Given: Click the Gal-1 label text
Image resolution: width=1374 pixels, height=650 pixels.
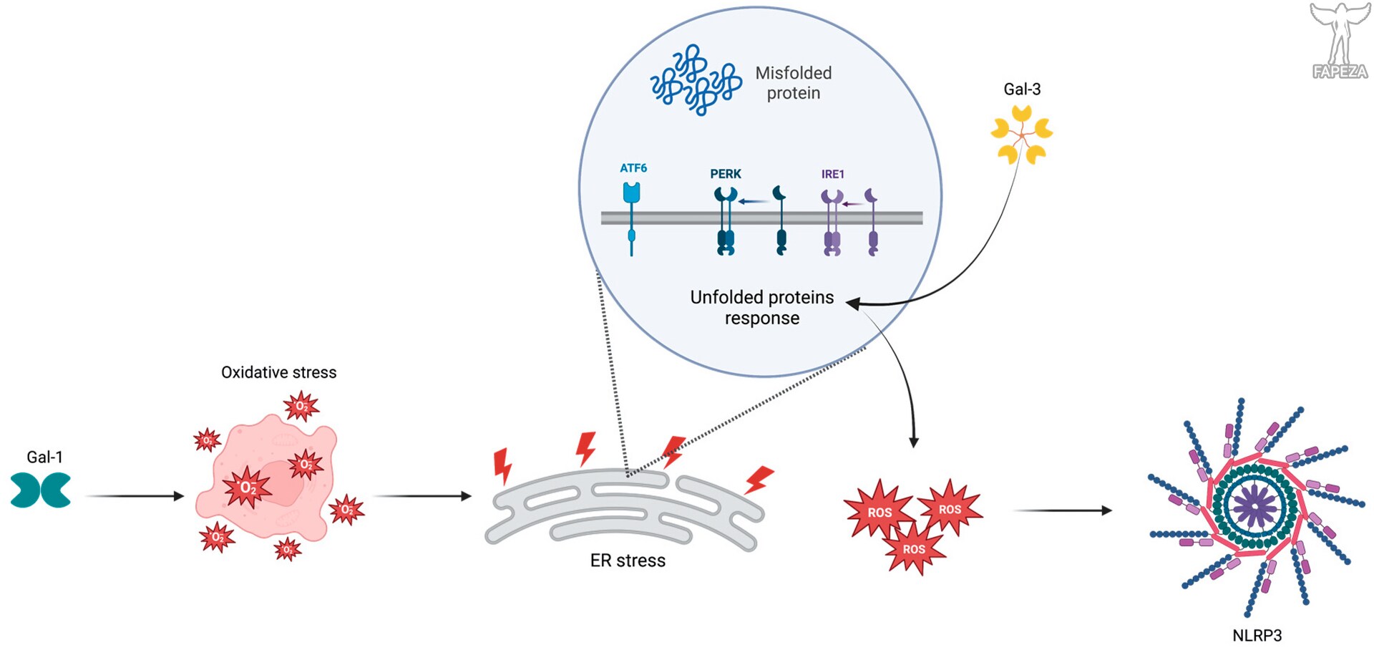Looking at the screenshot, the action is tap(44, 457).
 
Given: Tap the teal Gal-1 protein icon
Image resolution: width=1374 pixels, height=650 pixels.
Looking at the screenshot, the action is tap(41, 490).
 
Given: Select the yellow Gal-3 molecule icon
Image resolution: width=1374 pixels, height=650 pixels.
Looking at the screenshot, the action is tap(1022, 135).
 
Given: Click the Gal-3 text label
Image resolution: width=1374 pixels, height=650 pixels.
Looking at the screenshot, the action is tap(1022, 89).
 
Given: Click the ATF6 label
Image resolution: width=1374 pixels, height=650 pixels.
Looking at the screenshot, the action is tap(633, 168).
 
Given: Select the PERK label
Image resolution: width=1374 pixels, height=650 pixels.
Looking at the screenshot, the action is tap(726, 174).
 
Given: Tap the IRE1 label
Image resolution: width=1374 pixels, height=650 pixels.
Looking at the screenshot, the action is tap(833, 174).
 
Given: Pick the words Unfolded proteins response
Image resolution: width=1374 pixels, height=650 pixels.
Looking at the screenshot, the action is tap(762, 307).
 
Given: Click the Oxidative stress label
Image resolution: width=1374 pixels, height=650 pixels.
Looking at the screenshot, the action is tap(278, 372).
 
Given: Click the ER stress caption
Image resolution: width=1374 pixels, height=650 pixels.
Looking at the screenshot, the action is tap(628, 561).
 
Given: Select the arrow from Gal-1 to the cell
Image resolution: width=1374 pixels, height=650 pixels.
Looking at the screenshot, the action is tap(135, 496).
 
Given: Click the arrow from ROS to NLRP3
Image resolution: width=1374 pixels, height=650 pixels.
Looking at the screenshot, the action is tap(1063, 510).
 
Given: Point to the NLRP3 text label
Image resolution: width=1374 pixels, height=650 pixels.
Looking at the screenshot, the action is tap(1257, 635).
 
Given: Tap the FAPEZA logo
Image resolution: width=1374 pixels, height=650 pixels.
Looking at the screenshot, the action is tap(1340, 40).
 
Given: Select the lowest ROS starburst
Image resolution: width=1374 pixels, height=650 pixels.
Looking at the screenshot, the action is tap(914, 548).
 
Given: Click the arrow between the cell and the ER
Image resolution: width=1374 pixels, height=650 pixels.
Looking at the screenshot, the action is tap(423, 496).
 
